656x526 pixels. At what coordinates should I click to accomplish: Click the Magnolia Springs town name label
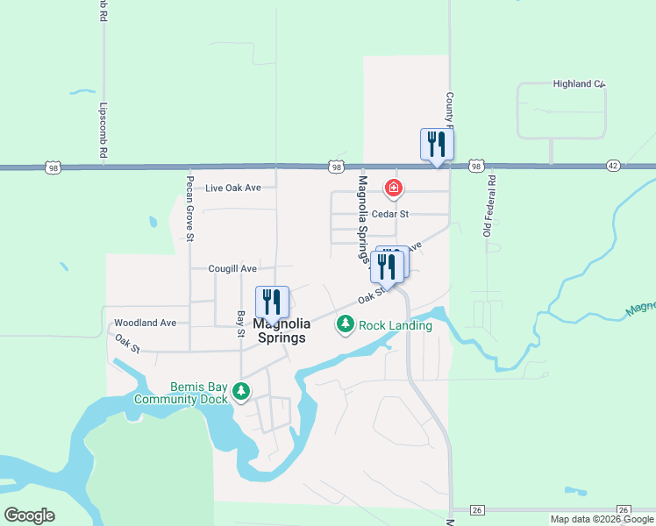(x=281, y=331)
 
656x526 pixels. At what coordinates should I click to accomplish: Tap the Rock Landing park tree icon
(x=346, y=325)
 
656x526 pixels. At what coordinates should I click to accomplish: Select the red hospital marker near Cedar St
(x=394, y=188)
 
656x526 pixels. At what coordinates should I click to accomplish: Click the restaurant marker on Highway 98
(x=437, y=145)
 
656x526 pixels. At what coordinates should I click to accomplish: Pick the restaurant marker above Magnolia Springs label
(x=272, y=302)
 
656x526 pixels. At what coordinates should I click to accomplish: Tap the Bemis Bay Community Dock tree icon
(x=241, y=394)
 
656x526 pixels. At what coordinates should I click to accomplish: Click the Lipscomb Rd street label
(x=103, y=131)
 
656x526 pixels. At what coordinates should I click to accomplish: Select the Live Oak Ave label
(x=233, y=188)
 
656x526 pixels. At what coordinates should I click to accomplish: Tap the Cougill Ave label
(x=232, y=268)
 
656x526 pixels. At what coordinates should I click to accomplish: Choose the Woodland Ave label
(x=146, y=323)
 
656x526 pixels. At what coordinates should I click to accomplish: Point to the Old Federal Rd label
(x=490, y=206)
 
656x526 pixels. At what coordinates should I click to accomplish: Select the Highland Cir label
(x=579, y=84)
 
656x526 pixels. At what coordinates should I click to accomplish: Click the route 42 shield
(x=613, y=166)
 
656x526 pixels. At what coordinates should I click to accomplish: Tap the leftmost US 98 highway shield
(x=53, y=166)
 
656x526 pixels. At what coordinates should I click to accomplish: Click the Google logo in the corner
(x=29, y=515)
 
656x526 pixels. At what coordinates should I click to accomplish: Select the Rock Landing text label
(x=395, y=326)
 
